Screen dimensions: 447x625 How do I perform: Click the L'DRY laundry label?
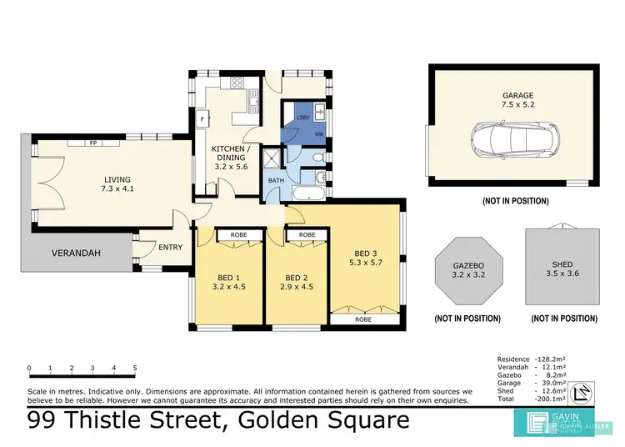303,118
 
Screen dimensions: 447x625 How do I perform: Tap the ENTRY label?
170,247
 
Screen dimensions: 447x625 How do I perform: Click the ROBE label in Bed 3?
362,319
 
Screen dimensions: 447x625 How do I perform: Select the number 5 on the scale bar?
134,368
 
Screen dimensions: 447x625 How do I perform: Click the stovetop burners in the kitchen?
237,83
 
